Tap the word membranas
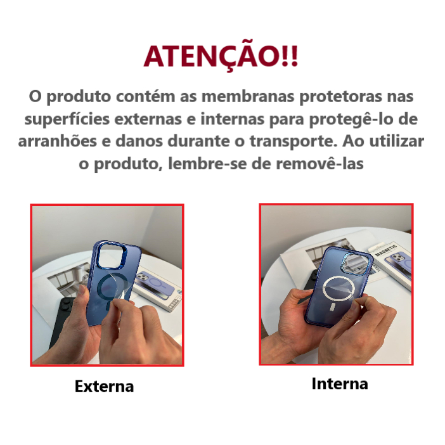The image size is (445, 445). pyautogui.click(x=248, y=96)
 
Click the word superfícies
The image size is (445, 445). pyautogui.click(x=67, y=119)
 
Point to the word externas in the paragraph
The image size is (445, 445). pyautogui.click(x=148, y=119)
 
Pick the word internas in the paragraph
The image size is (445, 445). pyautogui.click(x=233, y=119)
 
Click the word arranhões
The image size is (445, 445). pyautogui.click(x=57, y=141)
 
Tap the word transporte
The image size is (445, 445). pyautogui.click(x=293, y=141)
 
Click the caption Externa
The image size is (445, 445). pyautogui.click(x=104, y=386)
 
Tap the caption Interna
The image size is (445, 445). pyautogui.click(x=340, y=384)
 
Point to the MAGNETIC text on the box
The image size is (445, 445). pyautogui.click(x=386, y=250)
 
